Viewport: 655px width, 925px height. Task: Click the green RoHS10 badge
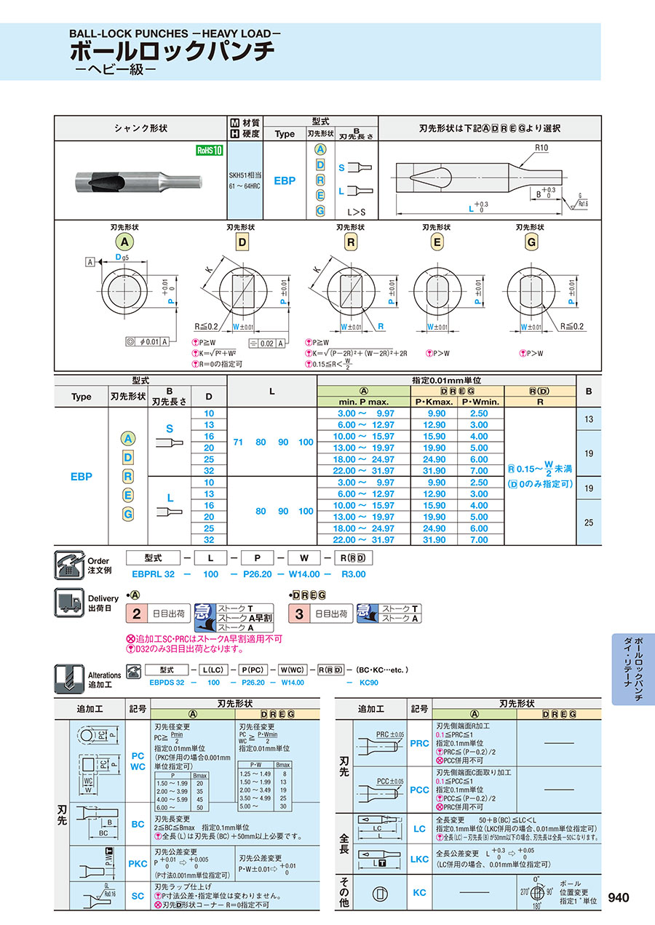208,151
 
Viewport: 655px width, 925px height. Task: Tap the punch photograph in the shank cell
138,180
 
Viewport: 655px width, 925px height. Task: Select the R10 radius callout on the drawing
541,148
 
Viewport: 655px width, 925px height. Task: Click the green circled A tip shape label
124,242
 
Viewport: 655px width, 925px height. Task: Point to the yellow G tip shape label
531,242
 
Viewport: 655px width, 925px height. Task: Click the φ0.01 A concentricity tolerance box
147,341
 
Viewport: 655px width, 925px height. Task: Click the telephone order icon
69,565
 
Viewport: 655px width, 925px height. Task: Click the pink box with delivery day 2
136,614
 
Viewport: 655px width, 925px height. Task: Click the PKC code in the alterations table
138,863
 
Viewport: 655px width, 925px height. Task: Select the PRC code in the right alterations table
420,743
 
